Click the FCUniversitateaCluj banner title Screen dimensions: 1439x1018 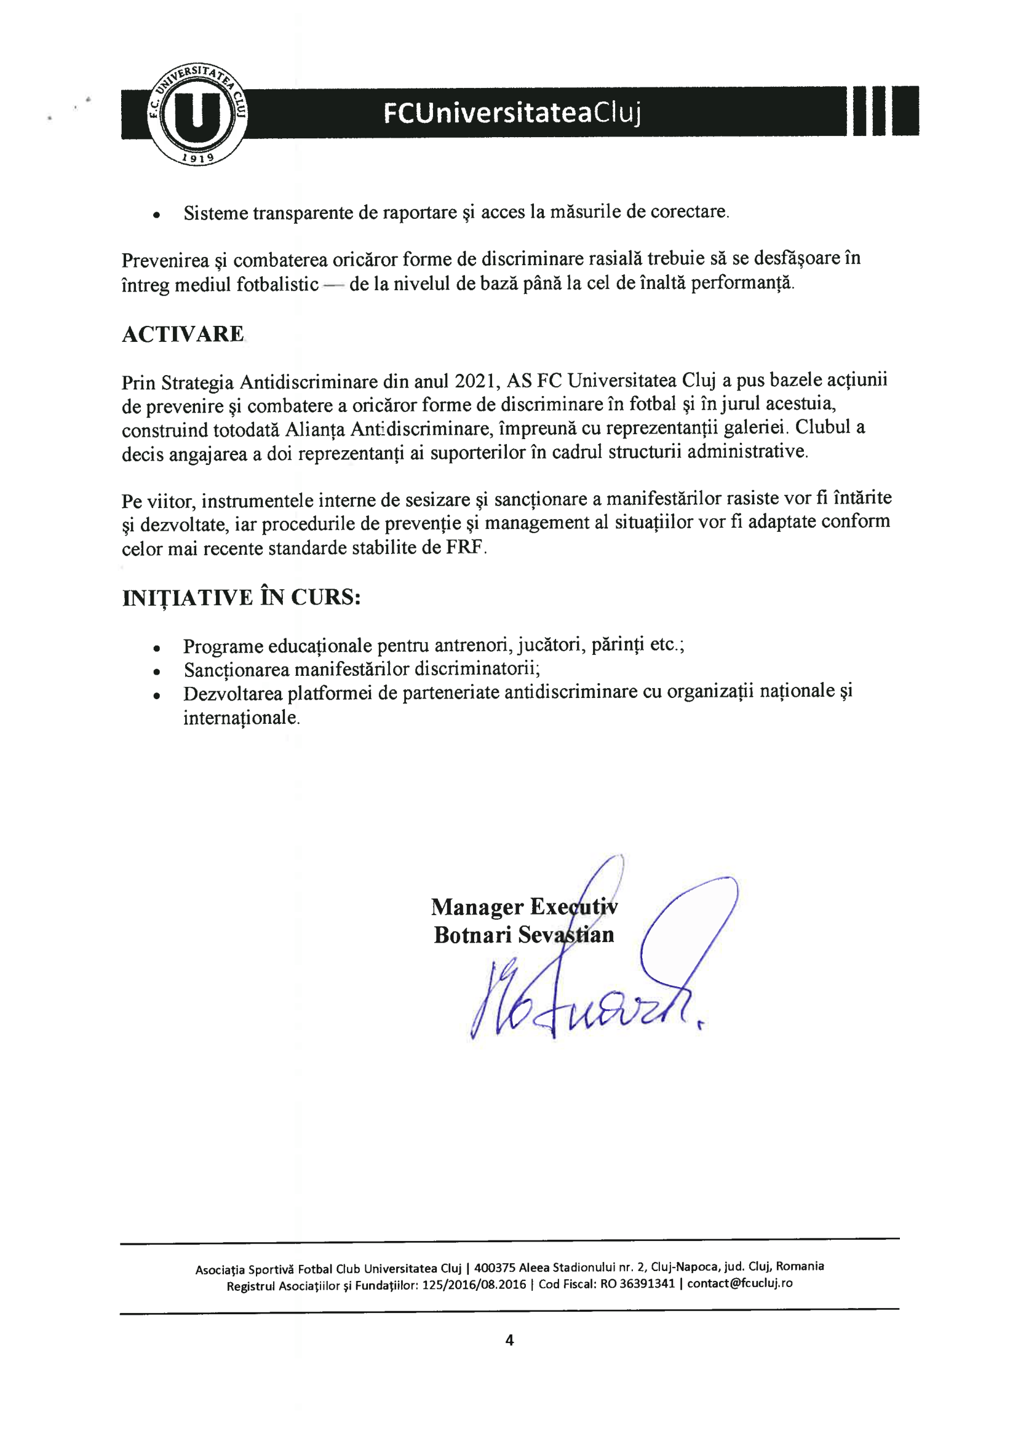tap(512, 113)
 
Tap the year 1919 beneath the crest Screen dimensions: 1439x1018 tap(197, 158)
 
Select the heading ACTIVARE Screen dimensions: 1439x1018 tap(183, 334)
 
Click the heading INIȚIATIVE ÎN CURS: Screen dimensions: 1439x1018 tap(241, 598)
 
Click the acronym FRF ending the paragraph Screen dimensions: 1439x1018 tap(464, 547)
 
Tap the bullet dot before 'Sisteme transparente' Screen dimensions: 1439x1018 tap(157, 215)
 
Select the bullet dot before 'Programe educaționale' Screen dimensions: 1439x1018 tap(157, 648)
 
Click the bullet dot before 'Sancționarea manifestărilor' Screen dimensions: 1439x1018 tap(157, 672)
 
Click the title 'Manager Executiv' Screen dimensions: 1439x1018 tap(524, 907)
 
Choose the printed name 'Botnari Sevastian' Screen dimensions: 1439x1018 tap(523, 935)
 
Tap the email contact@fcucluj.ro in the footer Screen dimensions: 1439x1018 tap(740, 1283)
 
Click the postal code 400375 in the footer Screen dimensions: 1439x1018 tap(495, 1267)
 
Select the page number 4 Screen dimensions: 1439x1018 tap(509, 1340)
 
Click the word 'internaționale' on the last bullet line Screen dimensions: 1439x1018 tap(241, 718)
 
